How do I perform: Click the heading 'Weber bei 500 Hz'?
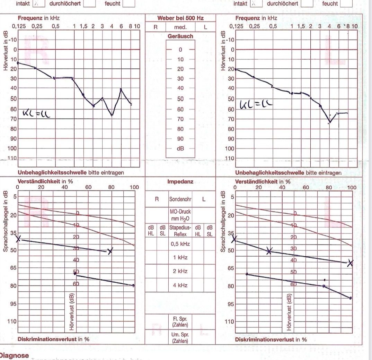click(x=180, y=18)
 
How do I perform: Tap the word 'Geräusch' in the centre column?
click(x=180, y=36)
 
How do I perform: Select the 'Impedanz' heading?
click(x=180, y=181)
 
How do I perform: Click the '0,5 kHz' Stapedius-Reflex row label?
click(x=180, y=244)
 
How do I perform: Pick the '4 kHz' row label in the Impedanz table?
click(x=180, y=285)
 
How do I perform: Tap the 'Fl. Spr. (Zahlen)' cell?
click(x=180, y=322)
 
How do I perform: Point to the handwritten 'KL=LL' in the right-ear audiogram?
click(x=36, y=113)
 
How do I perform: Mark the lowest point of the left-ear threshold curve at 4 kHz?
click(x=330, y=122)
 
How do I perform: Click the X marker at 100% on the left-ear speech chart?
click(x=350, y=263)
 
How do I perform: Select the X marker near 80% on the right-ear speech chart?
click(x=110, y=251)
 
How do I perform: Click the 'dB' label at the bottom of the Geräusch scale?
click(x=180, y=148)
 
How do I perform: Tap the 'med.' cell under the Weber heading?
click(x=180, y=27)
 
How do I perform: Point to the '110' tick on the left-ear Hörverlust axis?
click(x=230, y=158)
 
